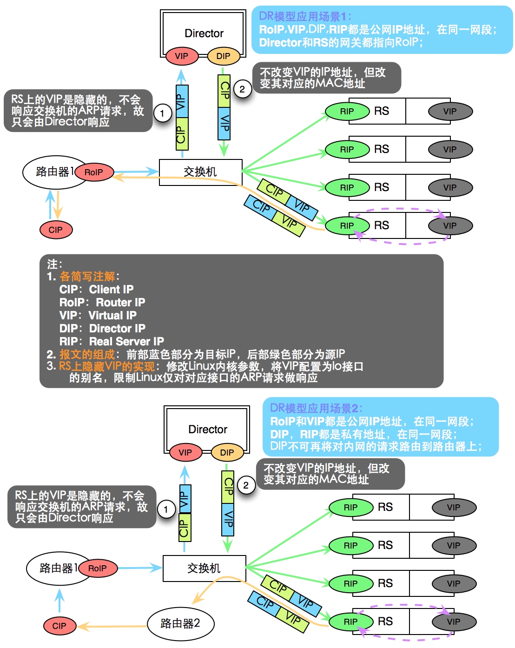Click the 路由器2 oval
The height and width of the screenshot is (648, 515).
tap(180, 623)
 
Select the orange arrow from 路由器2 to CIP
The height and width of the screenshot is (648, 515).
tap(112, 627)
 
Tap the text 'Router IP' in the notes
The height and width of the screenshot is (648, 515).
tap(120, 303)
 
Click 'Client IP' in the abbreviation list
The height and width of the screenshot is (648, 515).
tap(111, 290)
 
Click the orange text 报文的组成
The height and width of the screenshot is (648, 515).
tap(87, 355)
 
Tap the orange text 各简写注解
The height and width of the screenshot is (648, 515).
tap(87, 277)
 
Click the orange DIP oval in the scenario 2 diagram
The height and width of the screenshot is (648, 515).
tap(227, 452)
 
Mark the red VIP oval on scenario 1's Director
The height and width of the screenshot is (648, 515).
tap(182, 56)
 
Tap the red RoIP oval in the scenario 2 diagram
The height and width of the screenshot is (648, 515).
tap(98, 568)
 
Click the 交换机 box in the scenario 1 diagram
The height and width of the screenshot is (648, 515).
tap(200, 172)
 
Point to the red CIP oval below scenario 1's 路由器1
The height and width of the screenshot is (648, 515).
tap(55, 230)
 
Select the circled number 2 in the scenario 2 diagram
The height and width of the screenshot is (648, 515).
tap(246, 486)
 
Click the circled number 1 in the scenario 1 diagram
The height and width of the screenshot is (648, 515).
tap(162, 113)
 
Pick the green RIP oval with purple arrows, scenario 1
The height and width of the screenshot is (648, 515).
tap(347, 225)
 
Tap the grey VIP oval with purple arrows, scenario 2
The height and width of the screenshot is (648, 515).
tap(454, 622)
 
